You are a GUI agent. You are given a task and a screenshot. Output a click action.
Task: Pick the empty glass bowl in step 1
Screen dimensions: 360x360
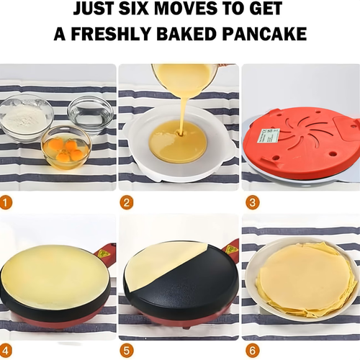(90, 113)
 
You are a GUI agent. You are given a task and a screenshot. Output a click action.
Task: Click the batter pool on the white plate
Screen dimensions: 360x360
(178, 140)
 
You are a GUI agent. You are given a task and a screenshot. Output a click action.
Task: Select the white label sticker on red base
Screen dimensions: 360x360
(269, 135)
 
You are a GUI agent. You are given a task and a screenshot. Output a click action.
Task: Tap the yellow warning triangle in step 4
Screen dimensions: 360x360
(105, 253)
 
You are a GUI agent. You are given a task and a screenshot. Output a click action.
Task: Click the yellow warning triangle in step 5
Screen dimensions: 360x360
(230, 249)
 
